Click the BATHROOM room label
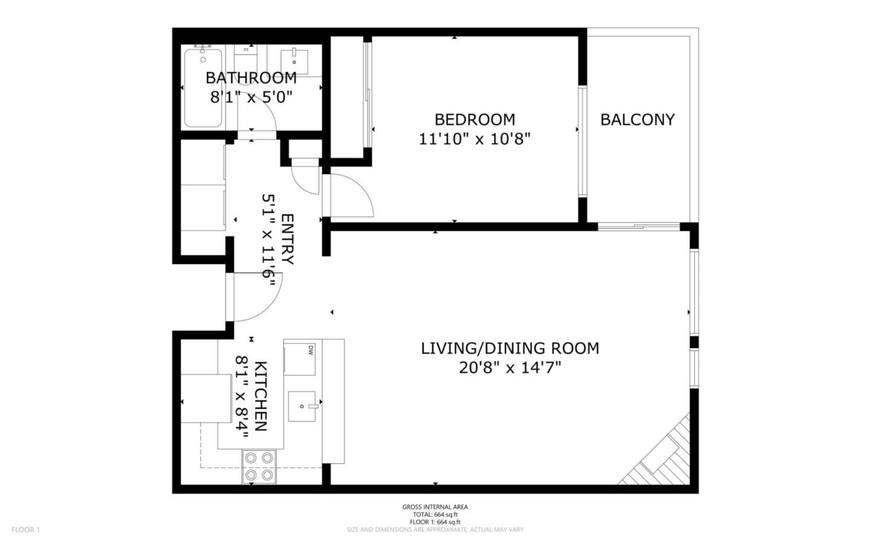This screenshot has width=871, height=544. (251, 78)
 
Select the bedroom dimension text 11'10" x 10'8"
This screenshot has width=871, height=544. (474, 139)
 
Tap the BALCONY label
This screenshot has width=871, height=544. (637, 120)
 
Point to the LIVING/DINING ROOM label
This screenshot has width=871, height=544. (510, 349)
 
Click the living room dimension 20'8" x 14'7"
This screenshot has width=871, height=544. (510, 368)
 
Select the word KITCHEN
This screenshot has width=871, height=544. (261, 396)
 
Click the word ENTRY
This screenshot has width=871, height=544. (287, 239)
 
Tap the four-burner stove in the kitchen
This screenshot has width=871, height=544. (259, 467)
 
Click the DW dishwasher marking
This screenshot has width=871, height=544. (311, 350)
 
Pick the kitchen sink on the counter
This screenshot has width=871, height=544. (303, 406)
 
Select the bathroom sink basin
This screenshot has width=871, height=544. (295, 61)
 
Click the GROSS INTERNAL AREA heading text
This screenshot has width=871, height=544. (435, 507)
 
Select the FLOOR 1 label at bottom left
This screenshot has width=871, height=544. (25, 530)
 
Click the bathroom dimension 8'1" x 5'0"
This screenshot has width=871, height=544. (251, 97)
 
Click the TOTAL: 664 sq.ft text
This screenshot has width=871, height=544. (435, 514)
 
